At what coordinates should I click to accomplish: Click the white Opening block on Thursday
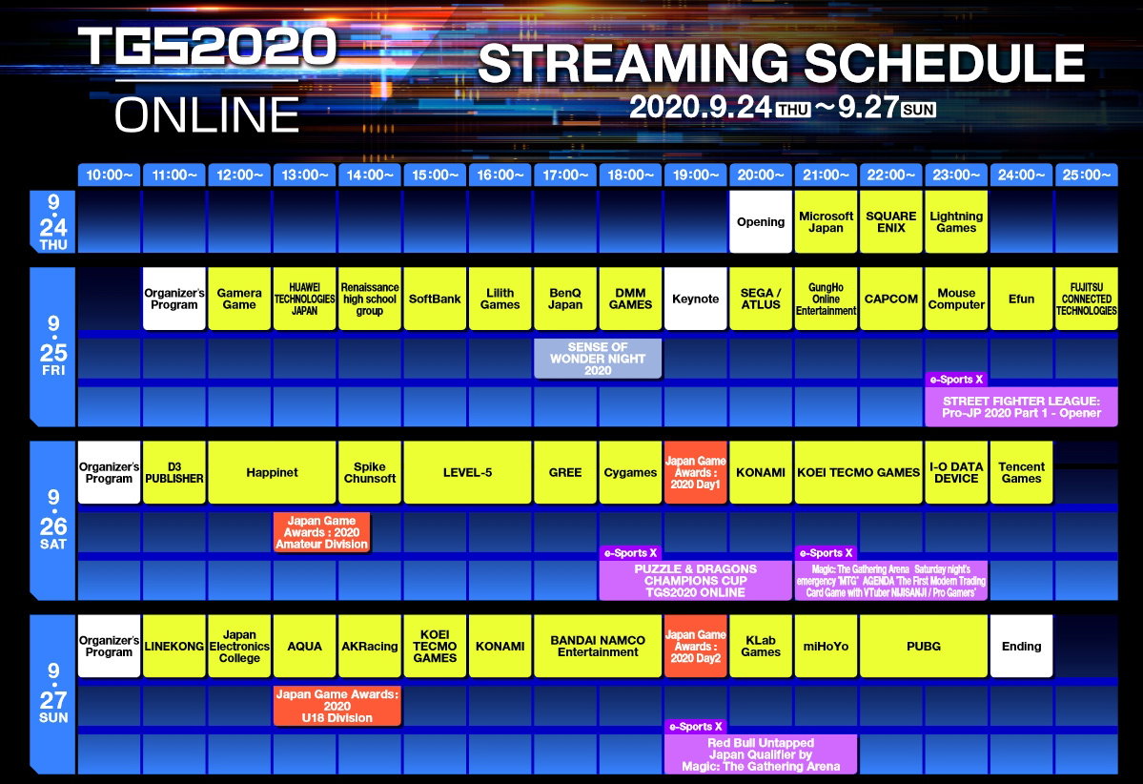(x=761, y=221)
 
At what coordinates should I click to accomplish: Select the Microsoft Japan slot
(x=826, y=221)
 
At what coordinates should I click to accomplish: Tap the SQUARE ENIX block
(x=890, y=221)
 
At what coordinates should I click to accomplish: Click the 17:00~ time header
(x=565, y=175)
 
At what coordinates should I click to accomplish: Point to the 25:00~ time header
(x=1086, y=175)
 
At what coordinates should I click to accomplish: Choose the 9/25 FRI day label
(x=53, y=346)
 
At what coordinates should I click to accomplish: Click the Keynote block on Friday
(x=695, y=299)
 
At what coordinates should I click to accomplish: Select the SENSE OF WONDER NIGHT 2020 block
(x=598, y=359)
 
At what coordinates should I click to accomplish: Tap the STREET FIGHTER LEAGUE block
(x=1021, y=407)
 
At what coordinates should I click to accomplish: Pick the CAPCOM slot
(x=890, y=299)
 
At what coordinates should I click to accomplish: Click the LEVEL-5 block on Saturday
(x=467, y=472)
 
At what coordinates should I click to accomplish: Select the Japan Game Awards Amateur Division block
(x=321, y=532)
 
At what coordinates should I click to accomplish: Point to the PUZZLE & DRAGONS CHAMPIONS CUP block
(x=695, y=581)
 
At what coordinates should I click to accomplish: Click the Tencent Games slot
(x=1021, y=472)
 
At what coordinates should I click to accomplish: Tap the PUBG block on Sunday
(x=924, y=646)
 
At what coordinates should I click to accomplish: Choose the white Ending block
(x=1021, y=646)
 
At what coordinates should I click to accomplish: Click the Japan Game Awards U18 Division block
(x=337, y=706)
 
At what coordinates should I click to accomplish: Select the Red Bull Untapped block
(x=761, y=754)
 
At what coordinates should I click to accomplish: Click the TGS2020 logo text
(x=208, y=48)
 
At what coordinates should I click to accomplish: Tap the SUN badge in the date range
(x=918, y=110)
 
